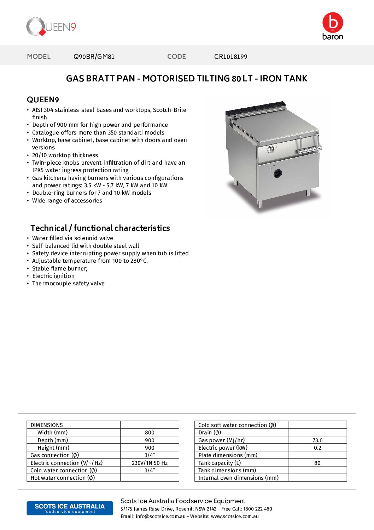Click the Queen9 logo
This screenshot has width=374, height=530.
(x=51, y=27)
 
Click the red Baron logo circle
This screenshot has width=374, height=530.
(x=333, y=23)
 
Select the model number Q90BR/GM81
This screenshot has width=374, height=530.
(x=94, y=57)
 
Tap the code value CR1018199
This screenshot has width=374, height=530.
(x=230, y=57)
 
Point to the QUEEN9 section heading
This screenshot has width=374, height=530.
(x=43, y=100)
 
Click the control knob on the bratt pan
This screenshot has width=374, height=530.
(x=271, y=149)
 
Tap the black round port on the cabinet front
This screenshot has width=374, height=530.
(x=277, y=173)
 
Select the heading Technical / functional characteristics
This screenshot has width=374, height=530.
(x=100, y=228)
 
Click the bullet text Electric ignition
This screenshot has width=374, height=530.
(x=53, y=276)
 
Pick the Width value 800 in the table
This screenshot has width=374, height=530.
(x=150, y=433)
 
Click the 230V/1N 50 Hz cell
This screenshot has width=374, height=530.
(x=150, y=463)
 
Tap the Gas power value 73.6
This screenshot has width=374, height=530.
(x=317, y=440)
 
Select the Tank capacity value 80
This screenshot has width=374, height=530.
(x=317, y=463)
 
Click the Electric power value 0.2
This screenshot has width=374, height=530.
(x=317, y=448)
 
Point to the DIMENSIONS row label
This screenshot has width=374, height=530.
(x=47, y=425)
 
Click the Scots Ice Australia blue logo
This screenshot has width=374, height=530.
(x=70, y=508)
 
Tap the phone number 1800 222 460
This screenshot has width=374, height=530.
(x=258, y=509)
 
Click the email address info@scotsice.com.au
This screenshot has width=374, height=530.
(x=160, y=517)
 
